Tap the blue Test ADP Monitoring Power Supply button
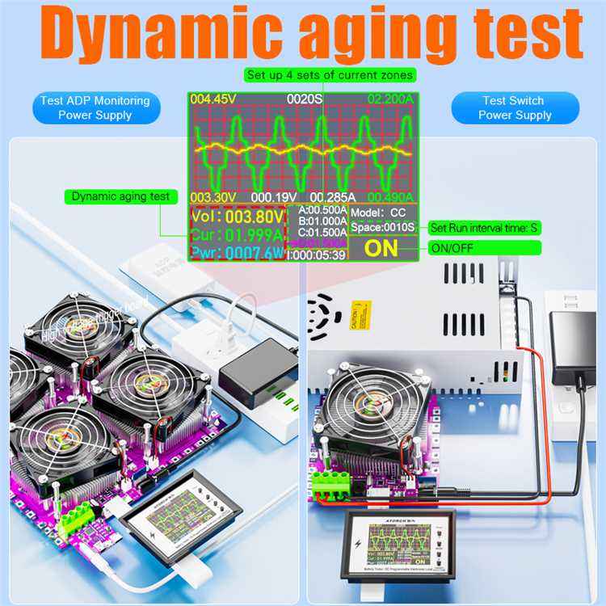[95, 108]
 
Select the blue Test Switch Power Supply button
[514, 108]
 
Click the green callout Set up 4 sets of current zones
[330, 75]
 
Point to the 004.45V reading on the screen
[213, 99]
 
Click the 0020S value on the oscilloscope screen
[305, 99]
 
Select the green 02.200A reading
[391, 99]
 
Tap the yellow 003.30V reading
[213, 197]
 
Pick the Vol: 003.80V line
[237, 217]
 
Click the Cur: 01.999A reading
[237, 236]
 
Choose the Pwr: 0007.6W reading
[237, 254]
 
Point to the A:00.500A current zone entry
[322, 210]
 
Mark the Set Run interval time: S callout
[484, 229]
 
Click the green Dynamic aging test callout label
[120, 196]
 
